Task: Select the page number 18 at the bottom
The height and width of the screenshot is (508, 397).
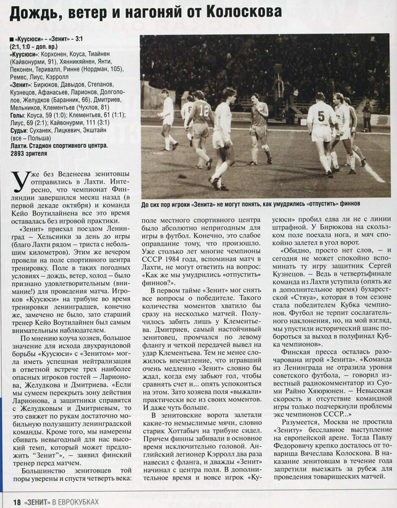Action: coord(17,502)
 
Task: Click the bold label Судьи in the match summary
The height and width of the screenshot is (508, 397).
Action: coord(18,130)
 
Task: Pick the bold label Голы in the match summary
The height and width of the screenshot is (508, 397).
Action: coord(17,115)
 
